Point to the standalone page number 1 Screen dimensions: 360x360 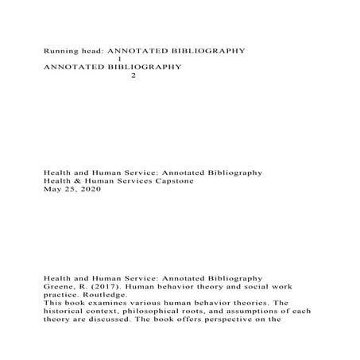[118, 59]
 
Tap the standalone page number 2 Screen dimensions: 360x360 [133, 76]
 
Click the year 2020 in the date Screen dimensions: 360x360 [92, 190]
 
